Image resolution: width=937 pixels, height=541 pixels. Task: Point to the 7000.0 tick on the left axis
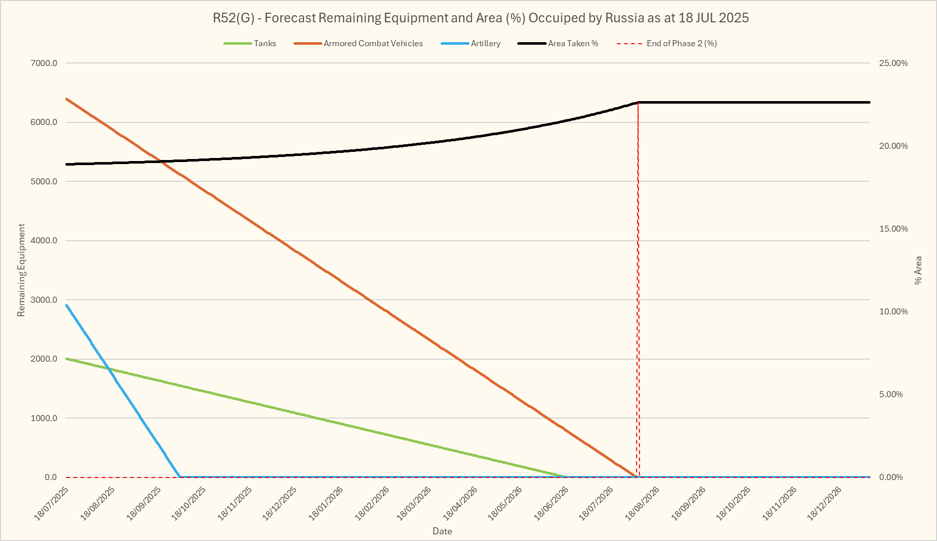point(44,63)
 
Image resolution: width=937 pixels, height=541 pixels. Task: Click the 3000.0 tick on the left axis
point(44,300)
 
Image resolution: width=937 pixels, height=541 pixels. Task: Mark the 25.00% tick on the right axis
point(893,63)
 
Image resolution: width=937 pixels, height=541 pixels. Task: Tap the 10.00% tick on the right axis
point(893,312)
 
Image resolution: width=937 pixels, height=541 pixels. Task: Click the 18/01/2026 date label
point(326,503)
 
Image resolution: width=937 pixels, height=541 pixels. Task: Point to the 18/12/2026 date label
point(825,503)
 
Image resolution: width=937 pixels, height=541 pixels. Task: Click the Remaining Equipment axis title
point(21,270)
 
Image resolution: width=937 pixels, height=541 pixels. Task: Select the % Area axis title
point(918,270)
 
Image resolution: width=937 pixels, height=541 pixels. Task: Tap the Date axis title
point(442,531)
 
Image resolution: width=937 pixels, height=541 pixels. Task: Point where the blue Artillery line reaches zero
point(180,477)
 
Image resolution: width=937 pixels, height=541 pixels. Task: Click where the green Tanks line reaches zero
point(566,476)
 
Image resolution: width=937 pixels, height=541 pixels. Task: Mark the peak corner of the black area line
point(638,103)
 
